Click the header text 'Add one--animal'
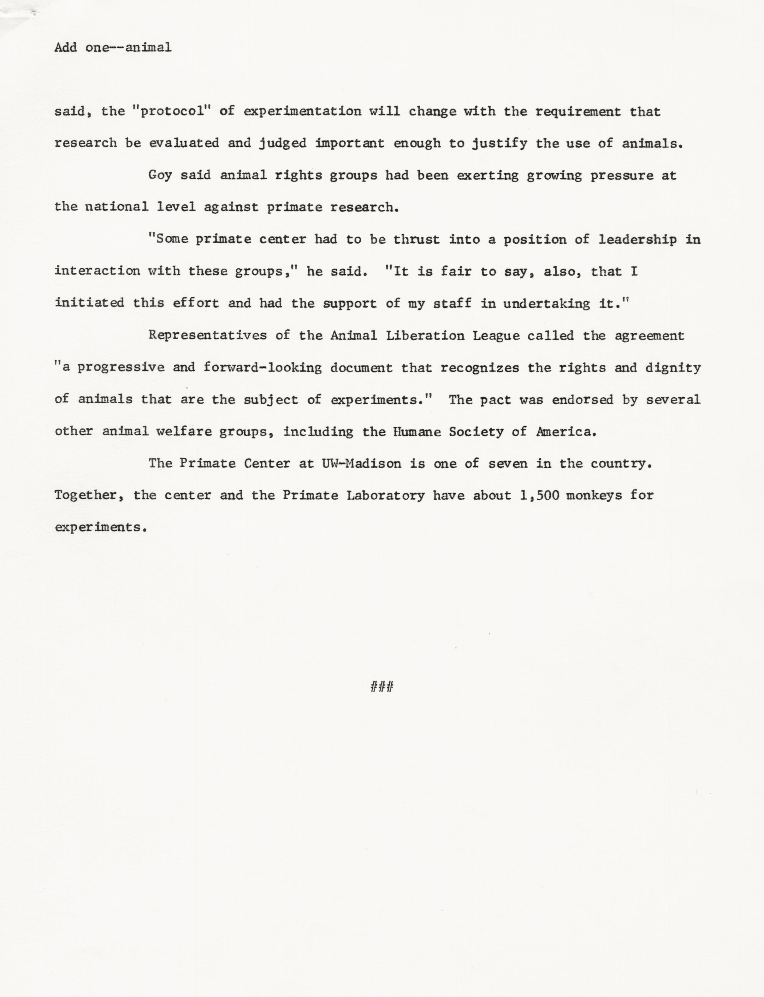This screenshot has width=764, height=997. [x=113, y=47]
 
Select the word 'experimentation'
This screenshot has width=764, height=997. [x=302, y=111]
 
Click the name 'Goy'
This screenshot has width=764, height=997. [x=160, y=175]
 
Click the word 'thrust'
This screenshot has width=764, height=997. [x=417, y=240]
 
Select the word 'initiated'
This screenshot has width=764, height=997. [x=89, y=303]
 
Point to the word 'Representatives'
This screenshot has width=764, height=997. [x=207, y=336]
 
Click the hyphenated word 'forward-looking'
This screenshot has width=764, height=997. [x=262, y=367]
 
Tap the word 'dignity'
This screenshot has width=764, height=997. [x=673, y=367]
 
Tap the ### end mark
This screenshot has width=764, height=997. [x=382, y=687]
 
